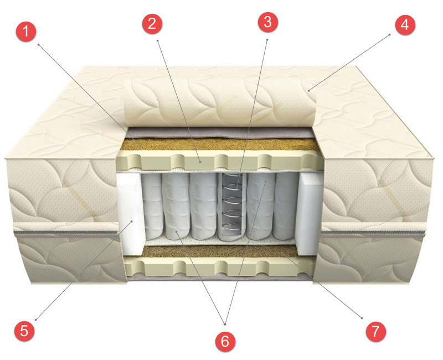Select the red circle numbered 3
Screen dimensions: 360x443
[268, 22]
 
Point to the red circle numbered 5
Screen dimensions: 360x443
[24, 331]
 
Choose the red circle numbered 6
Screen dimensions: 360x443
[224, 341]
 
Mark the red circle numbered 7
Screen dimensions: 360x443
[375, 331]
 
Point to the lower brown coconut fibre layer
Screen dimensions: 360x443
[221, 253]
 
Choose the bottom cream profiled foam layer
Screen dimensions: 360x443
[221, 268]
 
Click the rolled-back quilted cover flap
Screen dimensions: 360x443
[221, 102]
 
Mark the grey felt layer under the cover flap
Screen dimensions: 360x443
[221, 133]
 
